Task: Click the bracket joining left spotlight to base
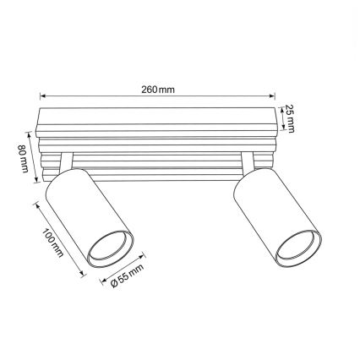coord(65,162)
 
